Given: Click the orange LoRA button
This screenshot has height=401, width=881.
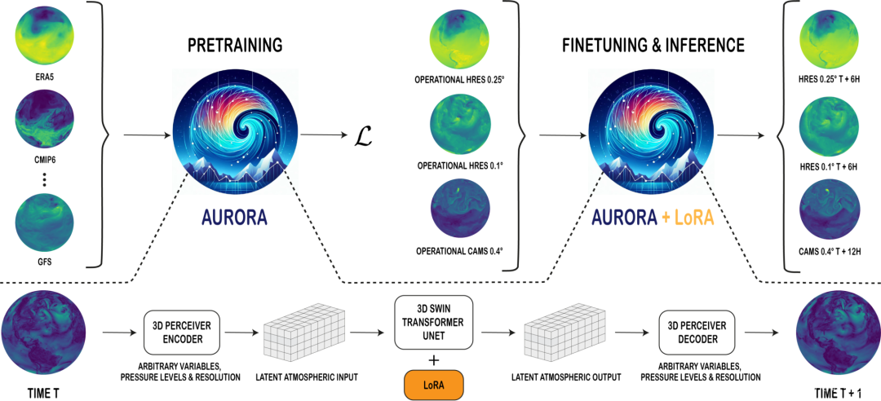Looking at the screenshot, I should pyautogui.click(x=433, y=385).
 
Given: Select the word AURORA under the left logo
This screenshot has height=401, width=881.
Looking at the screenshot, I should pyautogui.click(x=234, y=218).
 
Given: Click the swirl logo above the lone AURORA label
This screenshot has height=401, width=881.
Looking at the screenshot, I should pyautogui.click(x=235, y=131).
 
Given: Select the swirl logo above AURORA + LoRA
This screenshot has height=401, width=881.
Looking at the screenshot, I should pyautogui.click(x=651, y=131).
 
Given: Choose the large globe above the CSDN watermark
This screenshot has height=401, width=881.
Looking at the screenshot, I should pyautogui.click(x=835, y=329).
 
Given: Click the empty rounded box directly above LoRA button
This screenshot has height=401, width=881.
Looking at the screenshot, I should pyautogui.click(x=433, y=322).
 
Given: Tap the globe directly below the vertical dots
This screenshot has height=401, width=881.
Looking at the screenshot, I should pyautogui.click(x=45, y=222).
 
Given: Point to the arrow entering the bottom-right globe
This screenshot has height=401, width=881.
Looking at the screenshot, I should pyautogui.click(x=761, y=333).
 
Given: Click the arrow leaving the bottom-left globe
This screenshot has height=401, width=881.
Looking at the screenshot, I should pyautogui.click(x=119, y=333).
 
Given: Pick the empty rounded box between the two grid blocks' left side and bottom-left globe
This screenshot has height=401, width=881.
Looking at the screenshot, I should pyautogui.click(x=182, y=332).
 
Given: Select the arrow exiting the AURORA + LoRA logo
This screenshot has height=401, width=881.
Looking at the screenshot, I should pyautogui.click(x=741, y=134).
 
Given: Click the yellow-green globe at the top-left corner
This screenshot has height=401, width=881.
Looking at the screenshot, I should pyautogui.click(x=45, y=35).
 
